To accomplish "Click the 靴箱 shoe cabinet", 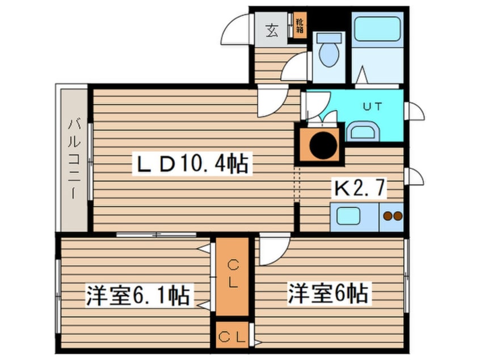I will [x=298, y=25].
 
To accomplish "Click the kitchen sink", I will [x=350, y=216].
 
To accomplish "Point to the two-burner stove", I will [x=391, y=216].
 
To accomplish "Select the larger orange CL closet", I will [x=232, y=275].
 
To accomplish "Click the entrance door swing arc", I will [x=235, y=31].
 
